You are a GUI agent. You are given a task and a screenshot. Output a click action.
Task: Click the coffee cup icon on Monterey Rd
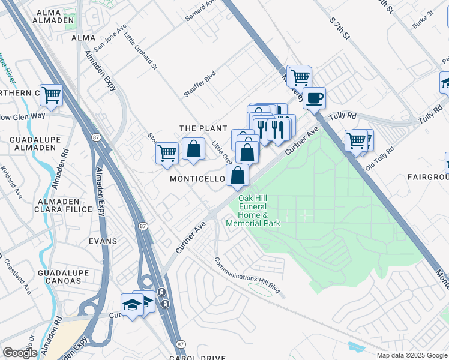314,98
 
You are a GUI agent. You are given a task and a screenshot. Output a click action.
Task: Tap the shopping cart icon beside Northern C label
52,95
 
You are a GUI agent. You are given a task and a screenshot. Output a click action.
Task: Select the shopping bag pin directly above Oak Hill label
238,175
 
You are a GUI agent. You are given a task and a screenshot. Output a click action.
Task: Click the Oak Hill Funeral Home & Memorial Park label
253,211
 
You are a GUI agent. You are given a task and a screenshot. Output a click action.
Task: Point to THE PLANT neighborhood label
203,128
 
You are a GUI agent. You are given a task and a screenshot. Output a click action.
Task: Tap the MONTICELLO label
197,179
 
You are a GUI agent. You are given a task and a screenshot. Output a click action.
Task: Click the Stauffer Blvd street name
200,84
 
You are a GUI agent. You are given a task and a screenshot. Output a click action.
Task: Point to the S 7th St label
339,29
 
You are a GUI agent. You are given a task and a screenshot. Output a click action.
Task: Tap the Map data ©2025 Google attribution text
411,355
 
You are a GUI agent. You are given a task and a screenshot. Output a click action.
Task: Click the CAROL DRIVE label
197,358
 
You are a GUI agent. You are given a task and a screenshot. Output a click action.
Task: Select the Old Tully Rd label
379,156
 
